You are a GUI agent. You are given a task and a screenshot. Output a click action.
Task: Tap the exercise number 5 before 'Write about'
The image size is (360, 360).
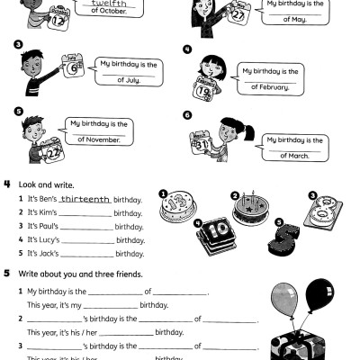[7, 274]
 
